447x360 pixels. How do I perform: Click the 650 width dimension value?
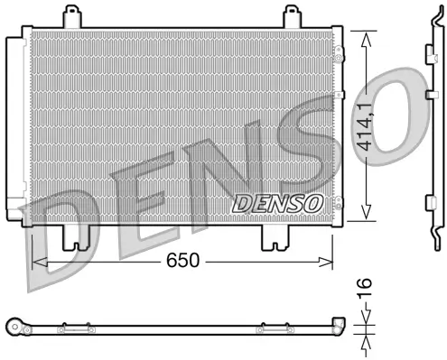pos(183,262)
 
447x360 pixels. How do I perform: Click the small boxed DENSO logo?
pos(276,203)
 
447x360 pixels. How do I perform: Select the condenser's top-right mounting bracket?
pos(292,16)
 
